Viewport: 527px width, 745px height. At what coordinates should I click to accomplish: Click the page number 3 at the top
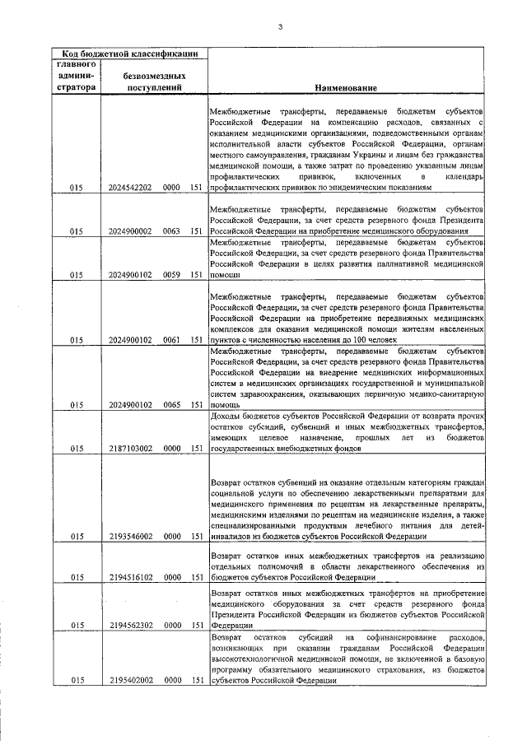[x=280, y=28]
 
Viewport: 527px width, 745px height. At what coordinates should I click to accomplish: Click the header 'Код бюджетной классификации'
[x=129, y=54]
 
